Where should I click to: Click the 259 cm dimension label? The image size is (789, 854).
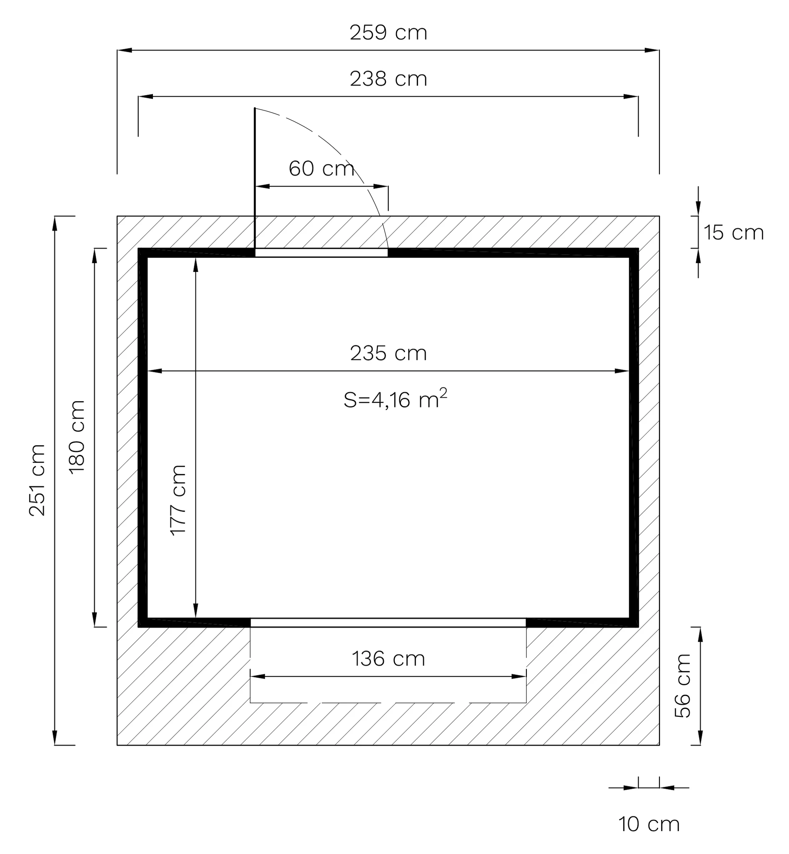[x=388, y=33]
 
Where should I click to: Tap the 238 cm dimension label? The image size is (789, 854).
[x=388, y=79]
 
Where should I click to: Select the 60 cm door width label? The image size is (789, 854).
[x=321, y=169]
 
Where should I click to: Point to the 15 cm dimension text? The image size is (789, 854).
[x=734, y=233]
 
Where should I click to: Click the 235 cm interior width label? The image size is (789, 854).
[x=388, y=353]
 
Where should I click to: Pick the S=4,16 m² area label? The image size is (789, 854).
[x=396, y=399]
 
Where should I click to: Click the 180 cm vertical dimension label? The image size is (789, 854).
[x=77, y=437]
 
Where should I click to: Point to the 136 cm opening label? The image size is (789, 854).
[x=388, y=659]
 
